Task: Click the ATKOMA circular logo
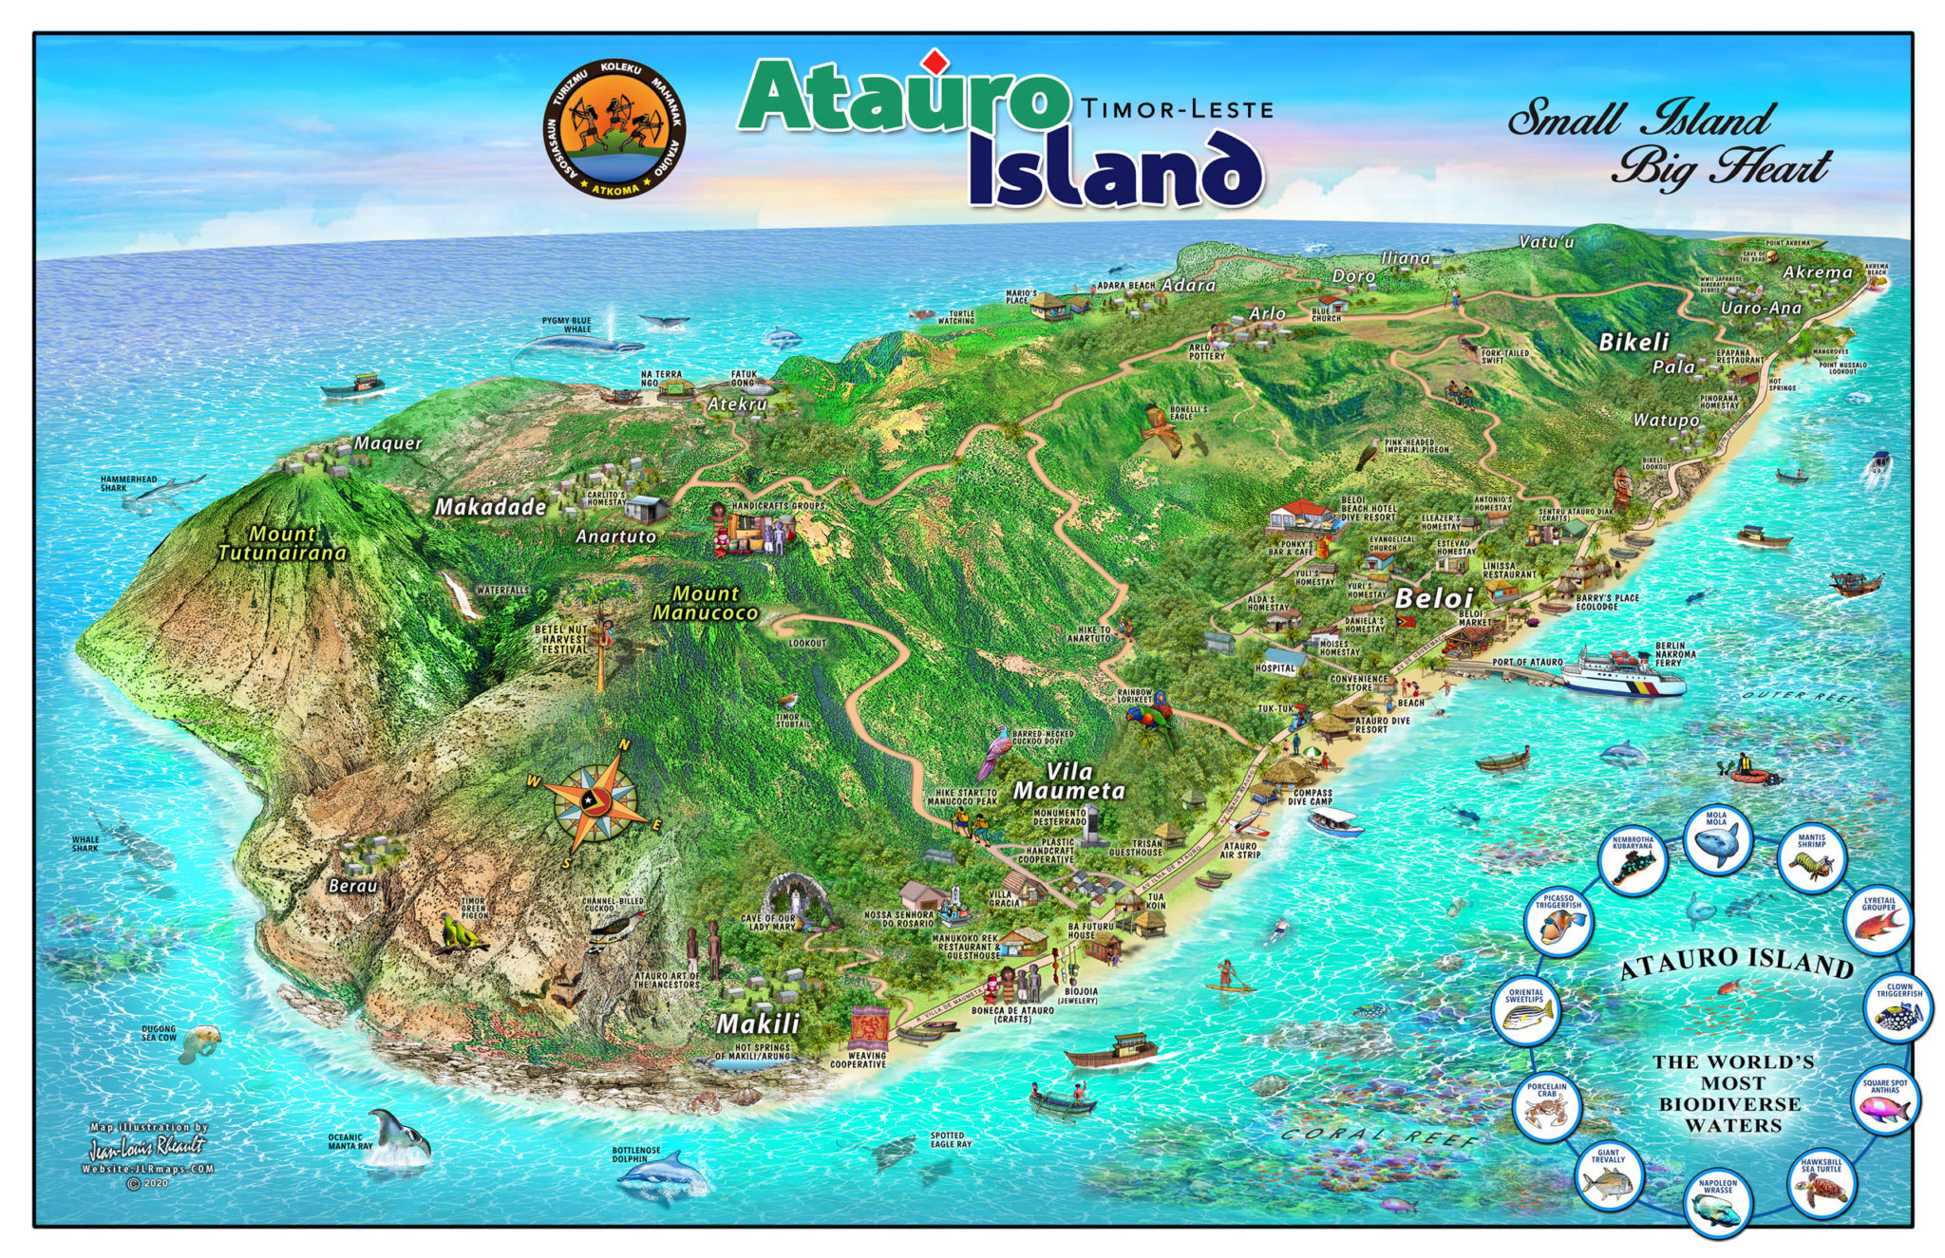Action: click(614, 129)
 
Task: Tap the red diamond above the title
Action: click(936, 61)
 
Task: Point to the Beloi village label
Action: click(1433, 598)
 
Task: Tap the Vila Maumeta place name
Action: click(1069, 781)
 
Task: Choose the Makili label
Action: click(757, 1023)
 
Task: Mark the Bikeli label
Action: click(1633, 342)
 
